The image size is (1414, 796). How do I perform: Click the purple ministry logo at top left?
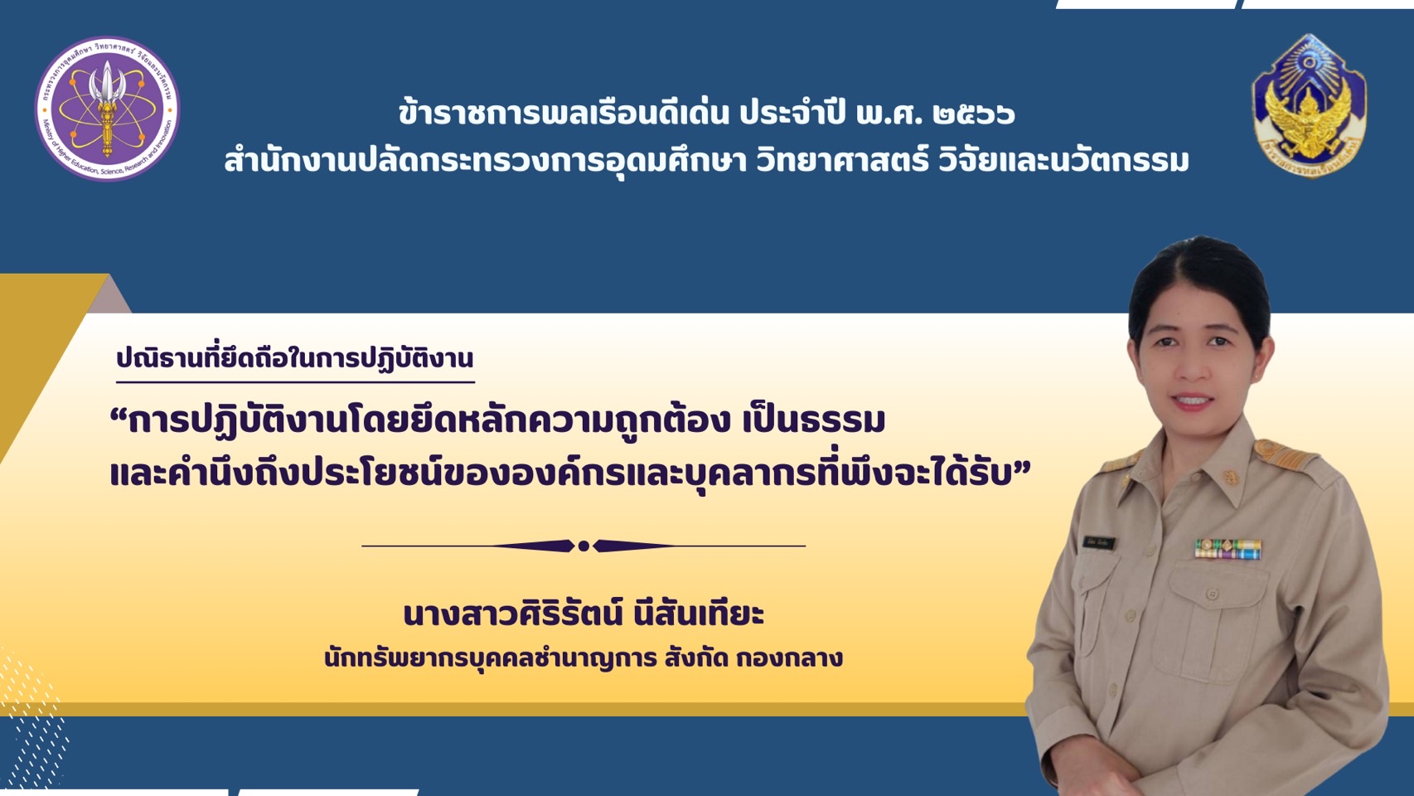(x=107, y=108)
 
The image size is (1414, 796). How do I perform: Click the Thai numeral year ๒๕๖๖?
(x=973, y=114)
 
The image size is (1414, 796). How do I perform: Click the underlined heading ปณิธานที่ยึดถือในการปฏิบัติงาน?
(x=294, y=358)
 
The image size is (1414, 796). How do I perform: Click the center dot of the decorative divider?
(x=584, y=546)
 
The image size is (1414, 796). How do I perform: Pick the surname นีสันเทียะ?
(x=698, y=614)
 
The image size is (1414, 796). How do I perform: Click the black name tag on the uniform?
(x=1099, y=543)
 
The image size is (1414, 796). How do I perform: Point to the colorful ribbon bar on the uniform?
(x=1228, y=548)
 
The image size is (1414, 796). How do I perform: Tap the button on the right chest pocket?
(x=1212, y=595)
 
